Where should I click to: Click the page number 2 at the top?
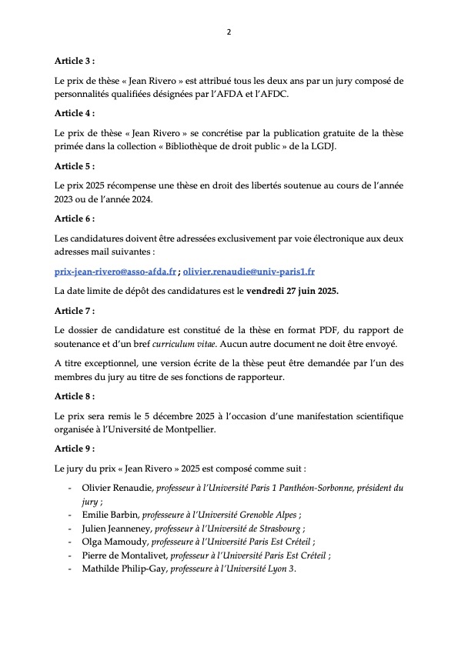(x=229, y=32)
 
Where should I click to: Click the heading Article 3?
(x=75, y=60)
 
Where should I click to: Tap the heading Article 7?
(x=75, y=311)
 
